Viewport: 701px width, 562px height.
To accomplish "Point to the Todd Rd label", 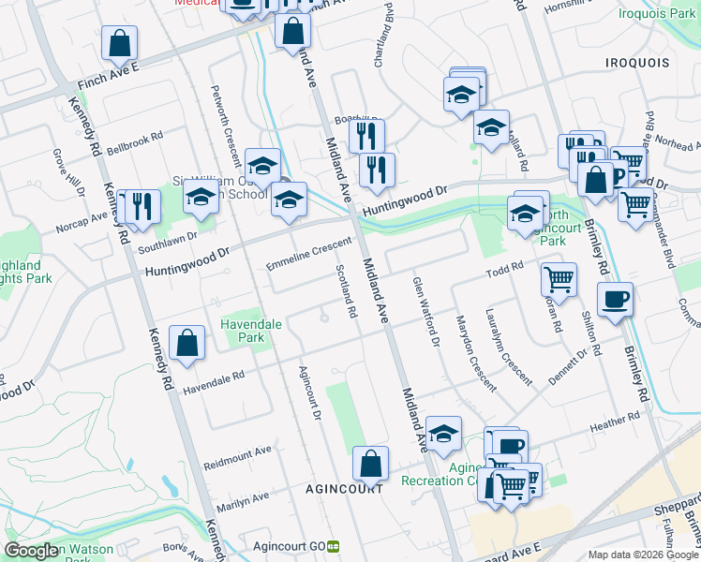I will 504,271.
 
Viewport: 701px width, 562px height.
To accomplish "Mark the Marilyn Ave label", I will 243,501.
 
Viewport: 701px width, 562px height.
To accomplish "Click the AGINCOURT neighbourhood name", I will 344,489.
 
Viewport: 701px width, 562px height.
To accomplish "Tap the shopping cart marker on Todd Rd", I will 559,278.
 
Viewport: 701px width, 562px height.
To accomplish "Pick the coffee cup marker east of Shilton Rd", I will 615,300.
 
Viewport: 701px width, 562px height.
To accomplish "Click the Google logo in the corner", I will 31,551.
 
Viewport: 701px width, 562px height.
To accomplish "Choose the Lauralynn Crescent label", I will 507,345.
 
